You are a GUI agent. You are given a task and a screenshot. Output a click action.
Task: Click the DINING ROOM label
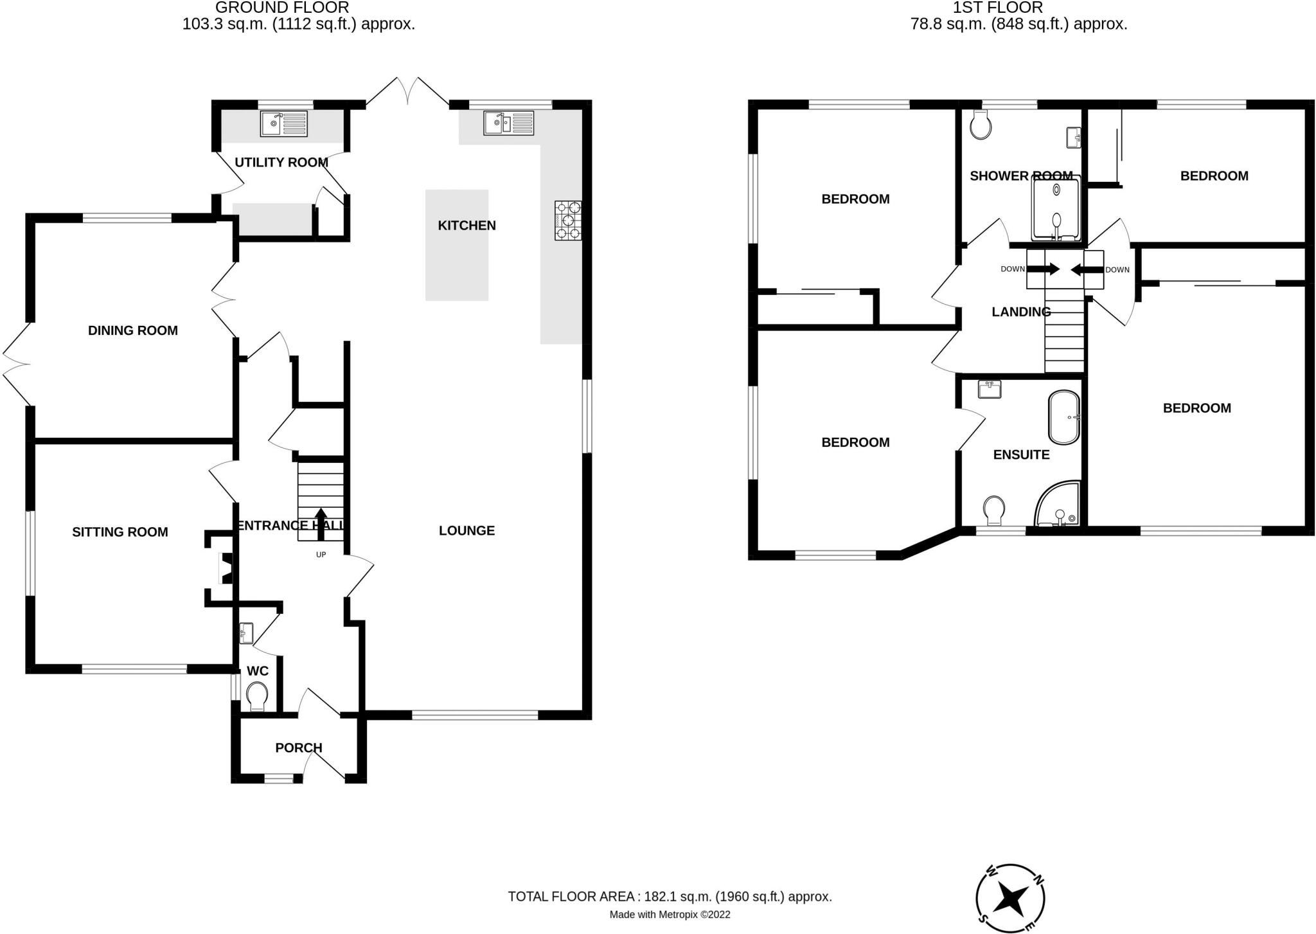pyautogui.click(x=132, y=330)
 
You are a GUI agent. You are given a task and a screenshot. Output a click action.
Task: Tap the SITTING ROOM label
pyautogui.click(x=120, y=532)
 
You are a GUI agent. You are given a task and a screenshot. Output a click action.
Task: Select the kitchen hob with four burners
pyautogui.click(x=568, y=220)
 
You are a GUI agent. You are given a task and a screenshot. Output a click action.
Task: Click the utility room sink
pyautogui.click(x=283, y=123)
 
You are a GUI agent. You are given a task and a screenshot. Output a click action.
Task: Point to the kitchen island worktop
pyautogui.click(x=456, y=245)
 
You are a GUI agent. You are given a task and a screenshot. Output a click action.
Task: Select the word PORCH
pyautogui.click(x=298, y=748)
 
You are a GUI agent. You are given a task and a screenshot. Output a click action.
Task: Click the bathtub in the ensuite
pyautogui.click(x=1063, y=417)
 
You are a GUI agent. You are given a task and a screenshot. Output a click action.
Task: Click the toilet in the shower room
pyautogui.click(x=981, y=125)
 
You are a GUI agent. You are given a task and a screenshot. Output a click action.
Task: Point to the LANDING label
pyautogui.click(x=1021, y=312)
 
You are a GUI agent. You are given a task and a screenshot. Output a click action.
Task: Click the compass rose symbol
pyautogui.click(x=1010, y=898)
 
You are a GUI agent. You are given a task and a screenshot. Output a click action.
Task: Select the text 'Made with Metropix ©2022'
pyautogui.click(x=670, y=915)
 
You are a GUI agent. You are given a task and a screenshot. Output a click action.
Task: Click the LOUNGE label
pyautogui.click(x=467, y=530)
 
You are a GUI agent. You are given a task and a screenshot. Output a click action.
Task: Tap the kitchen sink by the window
pyautogui.click(x=508, y=123)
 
